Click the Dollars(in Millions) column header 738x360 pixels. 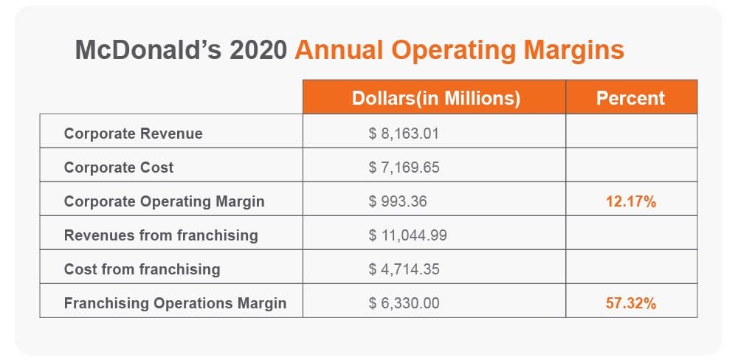pos(435,98)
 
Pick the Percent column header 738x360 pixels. pos(630,98)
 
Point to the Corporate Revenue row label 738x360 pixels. pos(133,134)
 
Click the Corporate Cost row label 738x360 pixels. pos(119,167)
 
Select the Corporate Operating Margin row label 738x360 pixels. pos(164,201)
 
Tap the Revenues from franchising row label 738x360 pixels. pos(161,235)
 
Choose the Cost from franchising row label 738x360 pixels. pos(142,269)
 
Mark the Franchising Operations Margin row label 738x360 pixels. pos(175,303)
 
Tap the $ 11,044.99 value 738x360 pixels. pos(407,235)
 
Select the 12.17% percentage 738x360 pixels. pos(631,201)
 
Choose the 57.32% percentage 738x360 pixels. pos(631,303)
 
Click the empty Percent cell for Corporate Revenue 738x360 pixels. pos(631,134)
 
